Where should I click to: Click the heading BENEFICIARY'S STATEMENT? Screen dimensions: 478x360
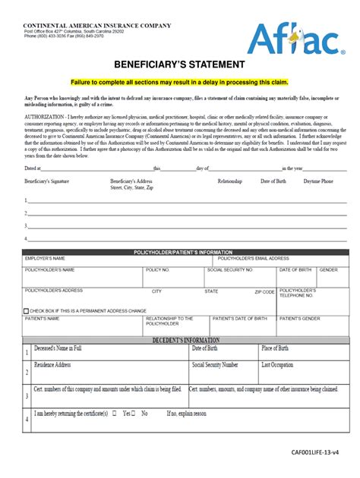point(179,64)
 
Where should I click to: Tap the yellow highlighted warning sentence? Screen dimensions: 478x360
point(179,81)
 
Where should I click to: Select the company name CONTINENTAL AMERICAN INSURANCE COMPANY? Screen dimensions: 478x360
point(97,26)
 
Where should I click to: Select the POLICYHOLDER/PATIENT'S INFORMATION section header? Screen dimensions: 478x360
point(182,252)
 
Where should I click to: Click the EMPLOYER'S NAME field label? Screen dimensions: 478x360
point(45,259)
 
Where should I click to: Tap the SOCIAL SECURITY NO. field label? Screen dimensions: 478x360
point(231,269)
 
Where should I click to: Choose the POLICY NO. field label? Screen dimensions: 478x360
point(158,269)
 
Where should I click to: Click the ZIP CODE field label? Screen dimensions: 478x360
point(264,291)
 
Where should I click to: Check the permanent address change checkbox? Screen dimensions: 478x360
point(27,311)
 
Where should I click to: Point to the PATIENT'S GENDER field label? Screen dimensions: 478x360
point(299,319)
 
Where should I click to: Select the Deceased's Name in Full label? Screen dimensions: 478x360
point(58,348)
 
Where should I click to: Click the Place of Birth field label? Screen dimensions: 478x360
point(275,348)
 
